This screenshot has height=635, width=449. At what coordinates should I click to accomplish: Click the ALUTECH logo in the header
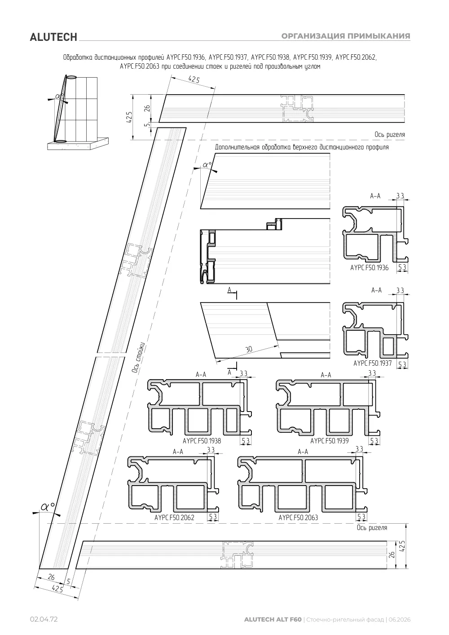[53, 37]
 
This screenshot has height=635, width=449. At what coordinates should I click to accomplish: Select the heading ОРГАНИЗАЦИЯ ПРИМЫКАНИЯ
[345, 36]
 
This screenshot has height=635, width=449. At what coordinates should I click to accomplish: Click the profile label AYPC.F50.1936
[369, 267]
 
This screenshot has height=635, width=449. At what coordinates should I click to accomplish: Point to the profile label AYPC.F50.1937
[372, 363]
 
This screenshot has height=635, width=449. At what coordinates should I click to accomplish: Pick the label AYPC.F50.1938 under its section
[202, 441]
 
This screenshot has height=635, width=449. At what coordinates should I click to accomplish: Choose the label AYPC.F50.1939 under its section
[329, 441]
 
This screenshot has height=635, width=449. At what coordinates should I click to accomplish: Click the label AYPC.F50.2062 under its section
[174, 517]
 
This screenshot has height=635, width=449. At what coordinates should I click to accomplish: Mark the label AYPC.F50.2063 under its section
[298, 517]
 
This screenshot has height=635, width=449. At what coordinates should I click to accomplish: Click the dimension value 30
[249, 349]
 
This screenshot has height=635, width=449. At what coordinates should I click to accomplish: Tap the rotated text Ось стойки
[138, 358]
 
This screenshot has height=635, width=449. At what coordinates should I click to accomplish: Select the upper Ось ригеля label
[389, 134]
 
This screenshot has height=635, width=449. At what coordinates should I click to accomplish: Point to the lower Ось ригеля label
[372, 528]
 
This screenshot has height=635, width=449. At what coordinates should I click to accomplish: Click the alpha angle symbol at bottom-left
[48, 507]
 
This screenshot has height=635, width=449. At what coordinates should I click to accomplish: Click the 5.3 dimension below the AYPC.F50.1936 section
[402, 267]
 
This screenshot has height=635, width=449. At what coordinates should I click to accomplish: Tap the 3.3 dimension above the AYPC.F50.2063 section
[359, 449]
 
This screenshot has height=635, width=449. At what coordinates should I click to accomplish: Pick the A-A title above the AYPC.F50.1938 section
[201, 375]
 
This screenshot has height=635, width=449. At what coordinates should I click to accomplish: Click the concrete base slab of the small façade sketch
[78, 144]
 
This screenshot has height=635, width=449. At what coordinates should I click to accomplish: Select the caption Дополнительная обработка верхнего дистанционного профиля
[302, 147]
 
